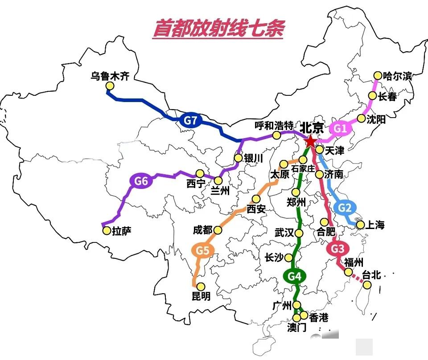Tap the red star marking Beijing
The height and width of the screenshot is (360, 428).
point(309,142)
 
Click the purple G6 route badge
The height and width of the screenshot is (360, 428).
point(141,181)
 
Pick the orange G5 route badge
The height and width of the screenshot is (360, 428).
point(203,251)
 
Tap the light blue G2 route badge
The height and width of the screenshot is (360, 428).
point(346,208)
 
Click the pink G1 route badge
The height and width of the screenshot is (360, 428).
point(340,129)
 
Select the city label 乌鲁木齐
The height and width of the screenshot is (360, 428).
point(110,76)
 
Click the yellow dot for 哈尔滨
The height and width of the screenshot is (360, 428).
point(378,75)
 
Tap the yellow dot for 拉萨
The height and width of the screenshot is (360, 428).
point(107,231)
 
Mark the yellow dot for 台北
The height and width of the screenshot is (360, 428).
point(366,284)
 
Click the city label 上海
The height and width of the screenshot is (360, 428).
point(375,225)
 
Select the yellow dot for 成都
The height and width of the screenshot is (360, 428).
point(218,230)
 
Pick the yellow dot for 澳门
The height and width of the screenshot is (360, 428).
point(297,318)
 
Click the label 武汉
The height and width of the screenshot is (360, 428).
point(285,232)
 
